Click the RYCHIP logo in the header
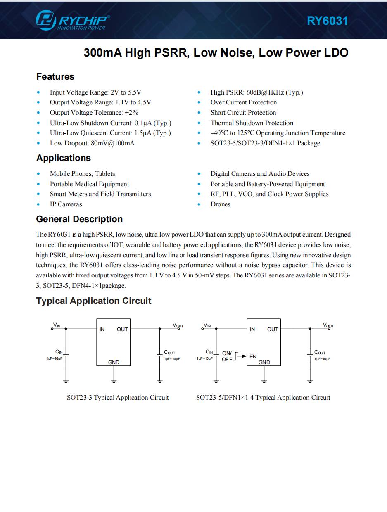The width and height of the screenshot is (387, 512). click(x=73, y=21)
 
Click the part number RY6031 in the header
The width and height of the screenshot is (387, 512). click(x=327, y=21)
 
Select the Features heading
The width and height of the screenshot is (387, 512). click(x=55, y=77)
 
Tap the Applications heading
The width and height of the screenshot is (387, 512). click(x=64, y=158)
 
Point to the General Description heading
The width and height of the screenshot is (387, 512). click(x=79, y=219)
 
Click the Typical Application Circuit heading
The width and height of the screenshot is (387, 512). click(x=94, y=301)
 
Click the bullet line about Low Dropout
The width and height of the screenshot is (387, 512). click(x=92, y=143)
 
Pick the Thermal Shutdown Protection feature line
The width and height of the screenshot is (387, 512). click(x=252, y=123)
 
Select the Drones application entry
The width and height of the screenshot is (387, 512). click(x=221, y=204)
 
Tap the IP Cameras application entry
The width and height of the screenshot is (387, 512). click(x=66, y=204)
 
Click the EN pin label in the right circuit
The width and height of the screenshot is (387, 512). click(x=253, y=356)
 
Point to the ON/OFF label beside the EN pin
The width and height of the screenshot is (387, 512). click(x=228, y=356)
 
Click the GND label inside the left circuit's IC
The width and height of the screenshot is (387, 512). click(x=114, y=363)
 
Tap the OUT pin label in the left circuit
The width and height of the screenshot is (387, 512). click(x=122, y=329)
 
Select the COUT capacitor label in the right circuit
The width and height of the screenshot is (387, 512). click(x=320, y=352)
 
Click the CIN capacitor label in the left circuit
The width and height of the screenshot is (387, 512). click(x=59, y=352)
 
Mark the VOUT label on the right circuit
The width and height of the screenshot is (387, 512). click(x=328, y=325)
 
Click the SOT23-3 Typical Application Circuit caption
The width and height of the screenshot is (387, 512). click(x=118, y=398)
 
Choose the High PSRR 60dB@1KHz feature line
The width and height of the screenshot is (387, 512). click(x=256, y=92)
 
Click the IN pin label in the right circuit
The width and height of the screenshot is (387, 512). click(x=252, y=329)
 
